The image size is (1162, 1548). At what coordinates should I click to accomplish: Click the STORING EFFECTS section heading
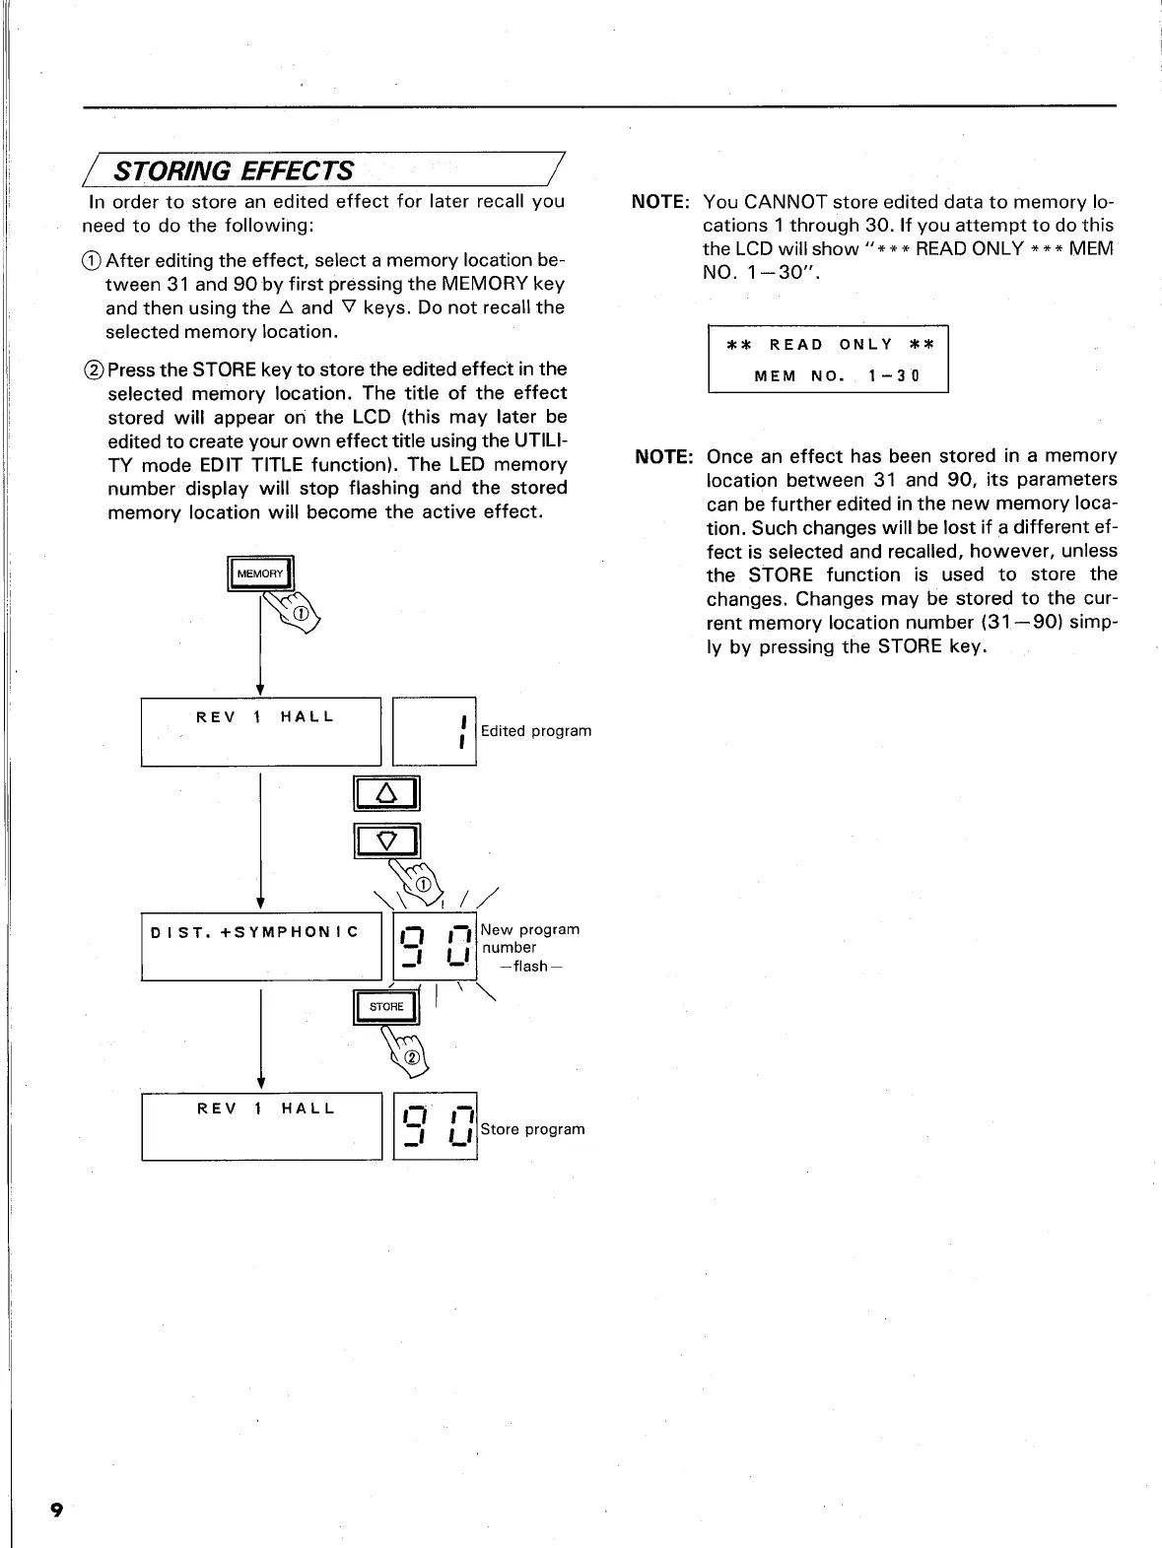coord(235,170)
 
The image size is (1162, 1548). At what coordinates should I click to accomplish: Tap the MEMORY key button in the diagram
coord(260,573)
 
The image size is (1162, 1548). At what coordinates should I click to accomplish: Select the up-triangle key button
coord(386,793)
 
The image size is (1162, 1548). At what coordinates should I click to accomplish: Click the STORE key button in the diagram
coord(386,1006)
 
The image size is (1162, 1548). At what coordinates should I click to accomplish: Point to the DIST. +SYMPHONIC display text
coord(254,932)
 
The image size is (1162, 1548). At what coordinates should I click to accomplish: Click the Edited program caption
coord(536,731)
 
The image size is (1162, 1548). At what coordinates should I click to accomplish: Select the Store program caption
coord(532,1129)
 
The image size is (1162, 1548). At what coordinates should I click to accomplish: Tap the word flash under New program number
coord(530,967)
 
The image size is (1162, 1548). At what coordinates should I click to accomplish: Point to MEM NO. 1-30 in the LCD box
coord(836,376)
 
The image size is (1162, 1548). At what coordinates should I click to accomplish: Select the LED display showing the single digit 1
coord(435,731)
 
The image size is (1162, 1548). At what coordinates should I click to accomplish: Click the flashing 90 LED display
coord(435,946)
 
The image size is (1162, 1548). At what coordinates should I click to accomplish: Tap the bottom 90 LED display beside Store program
coord(435,1126)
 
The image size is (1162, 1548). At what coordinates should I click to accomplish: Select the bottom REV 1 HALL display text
coord(266,1109)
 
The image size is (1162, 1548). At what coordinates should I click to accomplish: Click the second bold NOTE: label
coord(665,457)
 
